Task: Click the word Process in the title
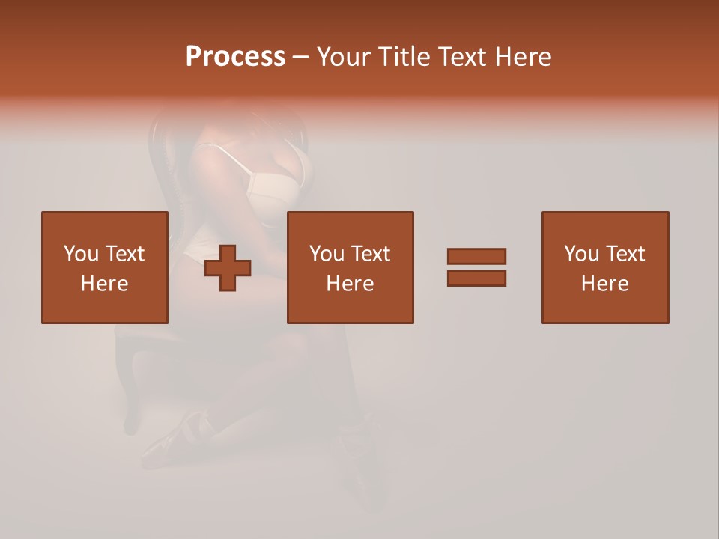235,57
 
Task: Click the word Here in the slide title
526,57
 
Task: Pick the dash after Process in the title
300,58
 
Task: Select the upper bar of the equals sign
476,256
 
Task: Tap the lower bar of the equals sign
476,278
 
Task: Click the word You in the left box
81,254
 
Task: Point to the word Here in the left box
104,284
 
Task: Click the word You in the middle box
327,254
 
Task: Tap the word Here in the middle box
350,284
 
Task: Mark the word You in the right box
581,254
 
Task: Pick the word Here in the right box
604,284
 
